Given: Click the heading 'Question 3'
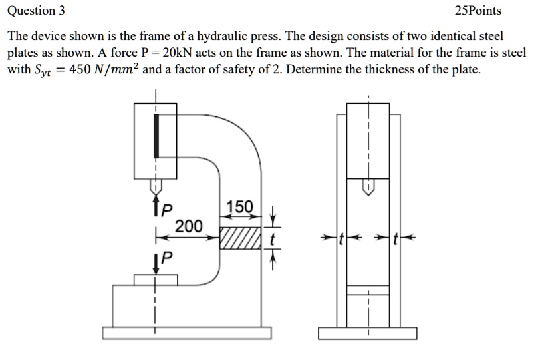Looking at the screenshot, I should point(37,11).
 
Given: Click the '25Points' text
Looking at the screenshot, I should point(478,11).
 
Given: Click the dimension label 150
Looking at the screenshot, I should point(239,207).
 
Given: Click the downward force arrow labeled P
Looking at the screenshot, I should point(156,262).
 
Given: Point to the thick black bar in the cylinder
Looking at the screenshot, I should point(156,136).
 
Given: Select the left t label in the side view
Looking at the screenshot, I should point(341,238).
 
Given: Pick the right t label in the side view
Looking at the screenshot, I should point(396,238).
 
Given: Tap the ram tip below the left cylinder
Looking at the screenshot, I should point(156,186).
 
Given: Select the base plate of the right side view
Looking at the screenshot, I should point(368,332).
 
